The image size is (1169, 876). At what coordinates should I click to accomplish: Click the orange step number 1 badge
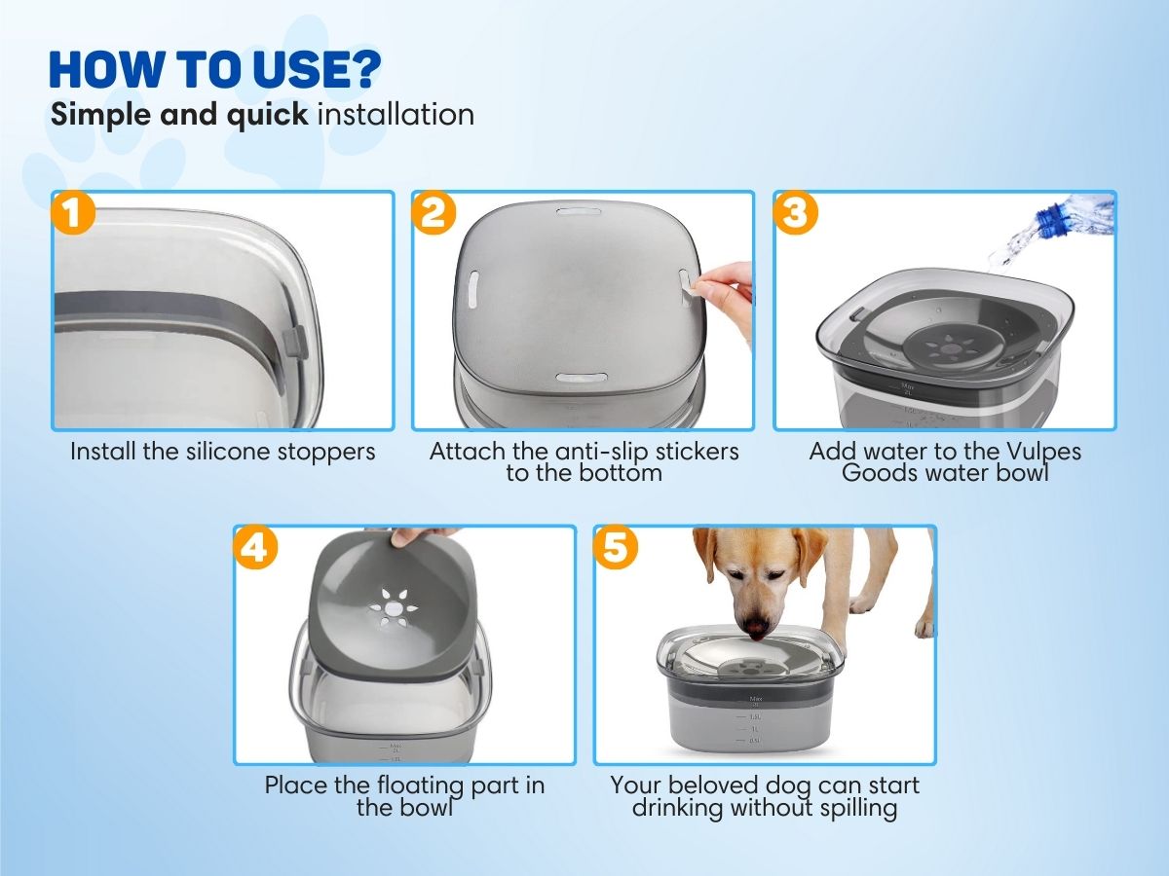73,213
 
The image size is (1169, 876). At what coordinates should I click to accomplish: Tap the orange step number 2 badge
434,213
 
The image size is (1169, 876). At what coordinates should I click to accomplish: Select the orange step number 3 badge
796,213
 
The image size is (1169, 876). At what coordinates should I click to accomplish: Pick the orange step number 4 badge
255,547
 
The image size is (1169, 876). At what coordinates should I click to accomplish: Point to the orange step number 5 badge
616,547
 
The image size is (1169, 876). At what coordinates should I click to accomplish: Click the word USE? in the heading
318,69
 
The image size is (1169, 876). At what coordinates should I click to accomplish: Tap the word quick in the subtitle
267,115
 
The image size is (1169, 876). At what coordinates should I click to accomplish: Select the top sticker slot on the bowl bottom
579,211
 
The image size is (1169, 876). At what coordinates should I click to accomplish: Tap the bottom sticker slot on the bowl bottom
581,378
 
